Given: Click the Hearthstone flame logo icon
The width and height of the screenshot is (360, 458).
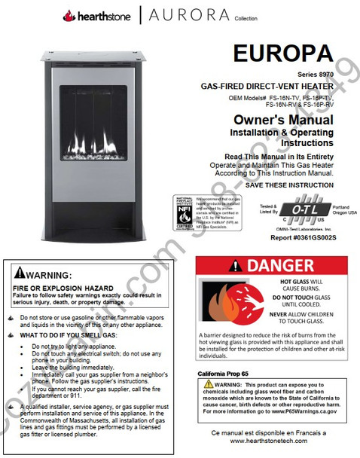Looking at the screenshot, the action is [69, 14].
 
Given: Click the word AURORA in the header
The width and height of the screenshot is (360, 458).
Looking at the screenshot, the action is [189, 15].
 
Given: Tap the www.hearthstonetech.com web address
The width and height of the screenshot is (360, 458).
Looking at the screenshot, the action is [268, 441].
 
